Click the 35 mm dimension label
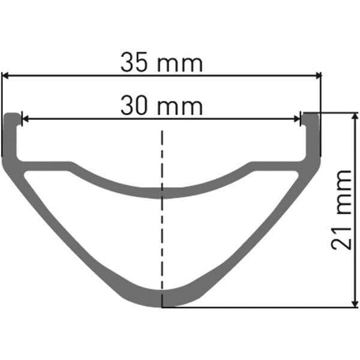[x=161, y=62]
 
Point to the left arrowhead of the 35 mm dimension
[x=5, y=75]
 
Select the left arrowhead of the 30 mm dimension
[x=25, y=119]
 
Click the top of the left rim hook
[x=12, y=114]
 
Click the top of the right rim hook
[x=310, y=114]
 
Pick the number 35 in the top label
[x=134, y=62]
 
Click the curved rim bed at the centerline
[x=161, y=191]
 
